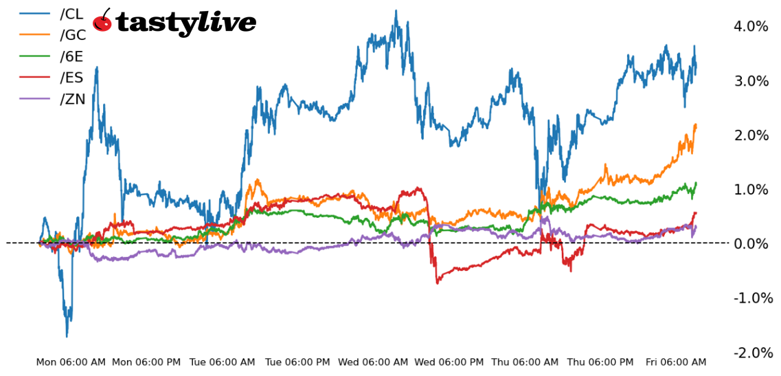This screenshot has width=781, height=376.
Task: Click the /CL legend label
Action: point(72,14)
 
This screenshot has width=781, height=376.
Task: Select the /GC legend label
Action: point(73,35)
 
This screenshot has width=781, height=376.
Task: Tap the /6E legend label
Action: point(73,56)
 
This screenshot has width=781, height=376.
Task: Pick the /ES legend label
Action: point(72,78)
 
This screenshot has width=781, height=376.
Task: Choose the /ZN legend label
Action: point(73,99)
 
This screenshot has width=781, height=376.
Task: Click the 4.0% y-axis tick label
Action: point(751,27)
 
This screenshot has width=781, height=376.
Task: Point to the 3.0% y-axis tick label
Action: point(751,81)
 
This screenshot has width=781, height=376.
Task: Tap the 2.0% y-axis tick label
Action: point(751,135)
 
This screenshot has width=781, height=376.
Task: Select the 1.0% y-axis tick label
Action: point(751,190)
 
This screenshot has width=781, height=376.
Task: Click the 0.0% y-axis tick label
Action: point(751,244)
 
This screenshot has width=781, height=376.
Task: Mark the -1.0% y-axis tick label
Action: point(753,298)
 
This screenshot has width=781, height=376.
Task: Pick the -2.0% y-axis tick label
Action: point(753,353)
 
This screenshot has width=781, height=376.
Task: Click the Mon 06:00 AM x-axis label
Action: point(71,362)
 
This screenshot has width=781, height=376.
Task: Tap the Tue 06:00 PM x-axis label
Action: point(297,362)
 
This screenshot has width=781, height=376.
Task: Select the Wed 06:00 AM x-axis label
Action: point(374,362)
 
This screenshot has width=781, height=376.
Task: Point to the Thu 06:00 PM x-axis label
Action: point(600,362)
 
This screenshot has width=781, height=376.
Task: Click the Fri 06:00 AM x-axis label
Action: point(675,362)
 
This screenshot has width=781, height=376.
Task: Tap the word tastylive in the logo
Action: point(185,23)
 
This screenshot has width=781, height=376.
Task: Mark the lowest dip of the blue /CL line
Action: point(67,336)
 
